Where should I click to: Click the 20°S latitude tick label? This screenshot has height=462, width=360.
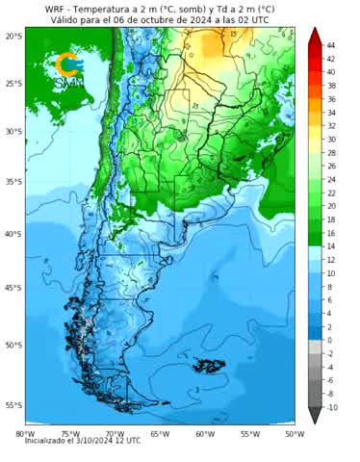12,36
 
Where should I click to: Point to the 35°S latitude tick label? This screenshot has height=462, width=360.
12,181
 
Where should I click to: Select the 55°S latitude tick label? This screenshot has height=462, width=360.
12,405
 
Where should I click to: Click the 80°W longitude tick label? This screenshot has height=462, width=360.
25,433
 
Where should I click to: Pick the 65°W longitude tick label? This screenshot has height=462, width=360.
159,433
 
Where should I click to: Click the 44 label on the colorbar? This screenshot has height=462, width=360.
331,45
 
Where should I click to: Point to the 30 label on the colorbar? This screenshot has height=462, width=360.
331,139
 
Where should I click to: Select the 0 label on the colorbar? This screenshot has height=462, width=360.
329,340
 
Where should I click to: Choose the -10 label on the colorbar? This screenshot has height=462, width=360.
332,407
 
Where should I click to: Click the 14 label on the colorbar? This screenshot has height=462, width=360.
331,246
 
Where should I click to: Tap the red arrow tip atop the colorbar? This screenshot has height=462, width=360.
316,35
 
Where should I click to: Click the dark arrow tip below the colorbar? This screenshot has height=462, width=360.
316,416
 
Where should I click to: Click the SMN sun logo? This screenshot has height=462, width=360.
68,64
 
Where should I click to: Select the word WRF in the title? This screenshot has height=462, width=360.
55,8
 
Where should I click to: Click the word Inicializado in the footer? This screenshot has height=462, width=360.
48,441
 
